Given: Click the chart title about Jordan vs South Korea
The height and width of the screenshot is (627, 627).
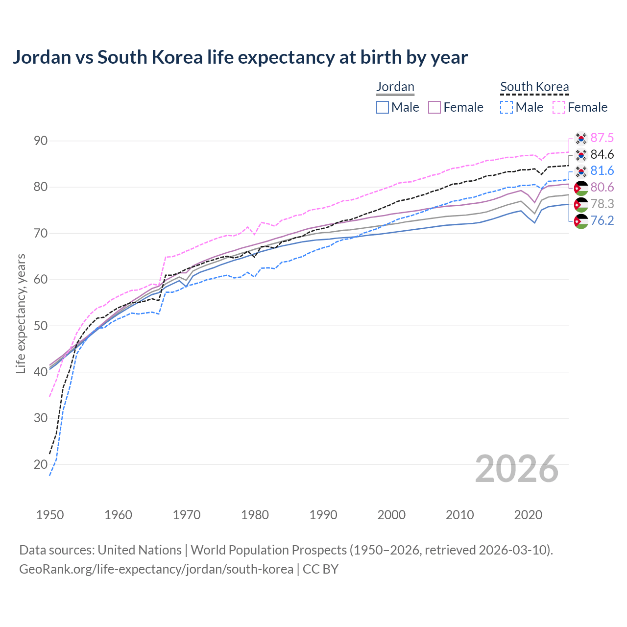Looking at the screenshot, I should pyautogui.click(x=240, y=57).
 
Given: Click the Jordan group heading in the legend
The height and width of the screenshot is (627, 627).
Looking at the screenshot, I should pyautogui.click(x=395, y=87).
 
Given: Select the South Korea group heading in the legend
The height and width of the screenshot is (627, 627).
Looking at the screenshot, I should pyautogui.click(x=534, y=87).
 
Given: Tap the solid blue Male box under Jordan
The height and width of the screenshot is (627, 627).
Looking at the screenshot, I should pyautogui.click(x=383, y=107).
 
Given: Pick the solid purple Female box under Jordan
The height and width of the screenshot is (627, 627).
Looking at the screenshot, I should pyautogui.click(x=434, y=107).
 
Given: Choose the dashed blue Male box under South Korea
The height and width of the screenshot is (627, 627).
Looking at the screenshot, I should pyautogui.click(x=507, y=107).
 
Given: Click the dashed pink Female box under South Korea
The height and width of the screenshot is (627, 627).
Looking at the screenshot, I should pyautogui.click(x=559, y=107).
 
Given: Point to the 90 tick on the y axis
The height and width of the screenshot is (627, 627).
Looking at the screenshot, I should pyautogui.click(x=41, y=141).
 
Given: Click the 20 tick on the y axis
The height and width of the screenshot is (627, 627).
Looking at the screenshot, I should pyautogui.click(x=41, y=464).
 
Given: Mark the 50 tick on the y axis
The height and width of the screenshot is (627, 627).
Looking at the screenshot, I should pyautogui.click(x=41, y=326).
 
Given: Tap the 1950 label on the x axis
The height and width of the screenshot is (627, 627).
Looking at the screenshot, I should pyautogui.click(x=50, y=515).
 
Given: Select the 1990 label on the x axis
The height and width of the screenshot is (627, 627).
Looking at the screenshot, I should pyautogui.click(x=323, y=515).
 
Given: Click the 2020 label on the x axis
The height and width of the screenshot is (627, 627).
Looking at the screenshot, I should pyautogui.click(x=528, y=515).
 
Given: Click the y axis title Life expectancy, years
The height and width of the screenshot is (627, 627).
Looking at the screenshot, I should pyautogui.click(x=21, y=313).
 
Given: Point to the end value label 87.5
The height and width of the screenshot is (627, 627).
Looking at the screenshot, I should pyautogui.click(x=602, y=138).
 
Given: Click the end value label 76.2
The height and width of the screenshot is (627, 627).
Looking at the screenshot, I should pyautogui.click(x=602, y=220).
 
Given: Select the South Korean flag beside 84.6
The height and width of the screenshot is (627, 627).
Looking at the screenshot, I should pyautogui.click(x=581, y=155).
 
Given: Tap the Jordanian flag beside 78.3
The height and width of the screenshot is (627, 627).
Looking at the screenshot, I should pyautogui.click(x=581, y=204).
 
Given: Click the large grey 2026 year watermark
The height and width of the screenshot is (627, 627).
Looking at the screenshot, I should pyautogui.click(x=517, y=469).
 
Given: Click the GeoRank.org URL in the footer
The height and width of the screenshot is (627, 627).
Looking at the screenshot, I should pyautogui.click(x=156, y=569).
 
